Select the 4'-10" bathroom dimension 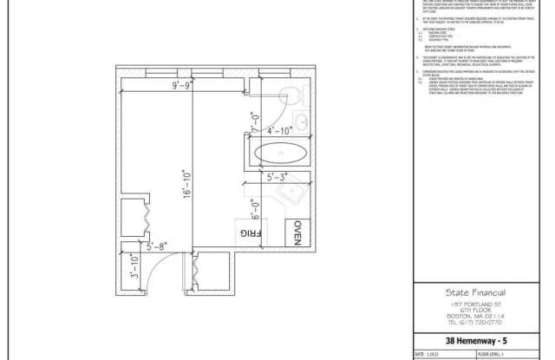pos(281,131)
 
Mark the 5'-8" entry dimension pos(158,246)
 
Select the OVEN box pos(294,234)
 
